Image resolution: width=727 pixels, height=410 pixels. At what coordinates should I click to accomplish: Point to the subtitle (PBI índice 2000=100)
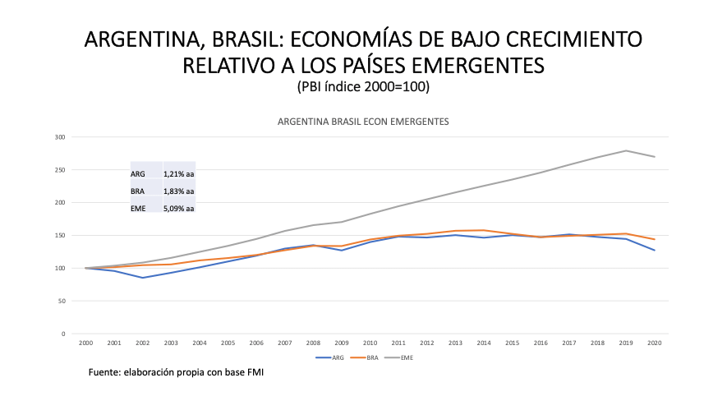point(363,85)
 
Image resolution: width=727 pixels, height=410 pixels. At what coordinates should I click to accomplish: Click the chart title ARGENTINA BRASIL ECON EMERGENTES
point(362,122)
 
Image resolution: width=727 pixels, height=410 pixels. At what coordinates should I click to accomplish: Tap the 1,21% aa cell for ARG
point(178,173)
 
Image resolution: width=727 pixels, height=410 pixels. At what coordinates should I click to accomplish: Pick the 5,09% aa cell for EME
point(178,209)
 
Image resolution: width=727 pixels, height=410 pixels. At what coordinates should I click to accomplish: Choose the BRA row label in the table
point(137,191)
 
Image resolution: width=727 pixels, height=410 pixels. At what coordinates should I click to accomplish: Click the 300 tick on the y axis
point(60,136)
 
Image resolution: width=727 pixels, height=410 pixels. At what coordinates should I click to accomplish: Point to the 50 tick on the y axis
point(62,301)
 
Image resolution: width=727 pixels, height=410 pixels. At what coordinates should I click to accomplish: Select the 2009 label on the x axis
point(341,342)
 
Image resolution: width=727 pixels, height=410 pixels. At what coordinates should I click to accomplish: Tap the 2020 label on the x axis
point(655,342)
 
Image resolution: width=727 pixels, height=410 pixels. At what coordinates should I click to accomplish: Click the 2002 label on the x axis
point(142,342)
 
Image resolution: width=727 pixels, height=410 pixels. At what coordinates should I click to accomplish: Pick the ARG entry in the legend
point(334,357)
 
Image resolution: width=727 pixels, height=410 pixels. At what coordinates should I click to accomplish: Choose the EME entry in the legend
point(407,357)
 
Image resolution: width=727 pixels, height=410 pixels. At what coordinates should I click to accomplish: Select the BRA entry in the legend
point(370,357)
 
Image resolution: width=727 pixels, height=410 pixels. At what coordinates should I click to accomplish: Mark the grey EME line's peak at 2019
point(626,150)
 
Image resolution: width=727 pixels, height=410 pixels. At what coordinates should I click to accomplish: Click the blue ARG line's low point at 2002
point(142,278)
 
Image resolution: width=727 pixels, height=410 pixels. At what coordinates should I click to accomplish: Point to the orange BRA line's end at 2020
point(655,239)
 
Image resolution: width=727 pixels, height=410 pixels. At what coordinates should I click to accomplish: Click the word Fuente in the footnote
point(105,373)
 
